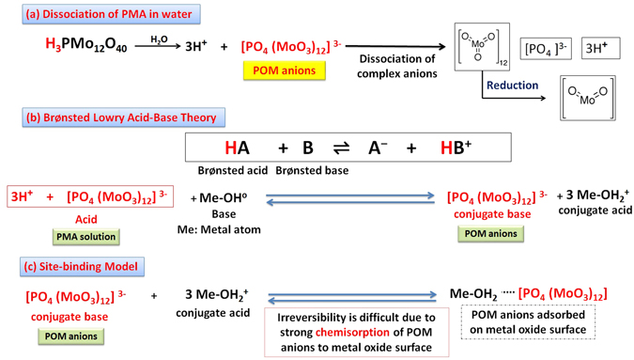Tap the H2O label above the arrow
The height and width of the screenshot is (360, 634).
click(160, 37)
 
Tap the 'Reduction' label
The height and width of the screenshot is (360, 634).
click(512, 86)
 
